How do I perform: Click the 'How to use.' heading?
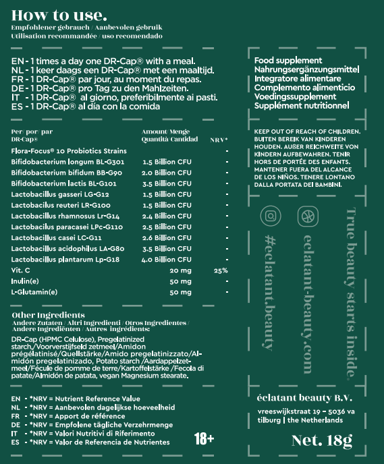tap(59, 15)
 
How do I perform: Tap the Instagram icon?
tap(271, 216)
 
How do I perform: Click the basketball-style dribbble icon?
tap(308, 216)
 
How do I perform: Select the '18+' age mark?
tap(204, 439)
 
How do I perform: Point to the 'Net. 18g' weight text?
tap(322, 441)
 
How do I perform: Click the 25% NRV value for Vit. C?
tap(221, 270)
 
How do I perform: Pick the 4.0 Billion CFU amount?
tap(167, 260)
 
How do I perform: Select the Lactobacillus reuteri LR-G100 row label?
tap(61, 205)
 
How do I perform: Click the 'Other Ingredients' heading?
tap(49, 315)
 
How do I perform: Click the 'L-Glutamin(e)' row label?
tap(34, 292)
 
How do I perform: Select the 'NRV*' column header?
tap(219, 140)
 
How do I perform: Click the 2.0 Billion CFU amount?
tap(167, 173)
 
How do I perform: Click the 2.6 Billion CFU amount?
tap(167, 238)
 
